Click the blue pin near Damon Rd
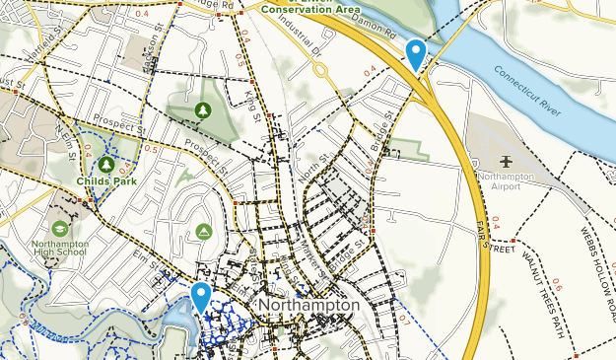click(416, 53)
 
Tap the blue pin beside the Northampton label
click(201, 297)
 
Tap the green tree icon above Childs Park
click(103, 164)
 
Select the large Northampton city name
click(308, 307)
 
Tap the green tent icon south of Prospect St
click(203, 231)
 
